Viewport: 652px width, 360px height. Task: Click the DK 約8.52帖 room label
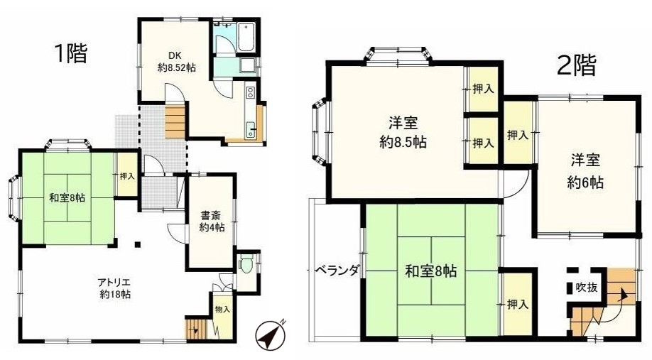[177, 61]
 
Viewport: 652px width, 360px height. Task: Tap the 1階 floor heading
[71, 53]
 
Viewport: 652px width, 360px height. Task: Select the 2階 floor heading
[576, 66]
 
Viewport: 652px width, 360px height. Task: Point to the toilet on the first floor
[246, 266]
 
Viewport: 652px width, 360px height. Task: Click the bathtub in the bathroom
[246, 38]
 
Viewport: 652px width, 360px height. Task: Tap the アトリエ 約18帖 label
[115, 288]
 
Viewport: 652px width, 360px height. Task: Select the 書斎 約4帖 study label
[212, 222]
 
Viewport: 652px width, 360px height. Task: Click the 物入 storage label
[223, 310]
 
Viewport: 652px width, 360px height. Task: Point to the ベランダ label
[336, 271]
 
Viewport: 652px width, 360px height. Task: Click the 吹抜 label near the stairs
[587, 287]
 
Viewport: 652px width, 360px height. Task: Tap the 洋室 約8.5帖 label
[403, 133]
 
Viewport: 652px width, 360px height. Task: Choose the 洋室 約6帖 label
[585, 171]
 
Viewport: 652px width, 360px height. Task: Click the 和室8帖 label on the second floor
[431, 271]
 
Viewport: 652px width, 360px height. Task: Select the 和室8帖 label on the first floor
[67, 198]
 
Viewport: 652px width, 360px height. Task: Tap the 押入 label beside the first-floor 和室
[127, 176]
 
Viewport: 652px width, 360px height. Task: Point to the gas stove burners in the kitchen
[250, 92]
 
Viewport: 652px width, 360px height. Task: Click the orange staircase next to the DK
[175, 122]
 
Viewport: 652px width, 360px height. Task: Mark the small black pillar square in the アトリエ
[137, 244]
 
